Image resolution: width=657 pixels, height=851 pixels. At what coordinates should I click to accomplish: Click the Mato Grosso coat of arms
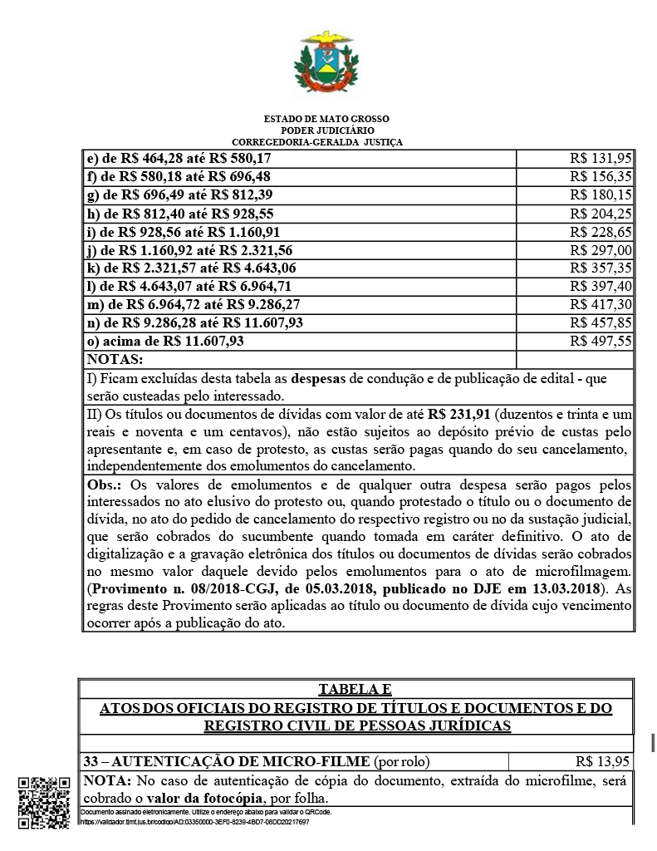point(327,63)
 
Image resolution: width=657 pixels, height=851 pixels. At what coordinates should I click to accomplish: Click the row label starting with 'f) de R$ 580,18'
point(178,176)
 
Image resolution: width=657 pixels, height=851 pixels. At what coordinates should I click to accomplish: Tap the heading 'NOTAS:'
point(115,360)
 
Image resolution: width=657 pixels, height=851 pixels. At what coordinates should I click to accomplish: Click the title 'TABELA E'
point(355,690)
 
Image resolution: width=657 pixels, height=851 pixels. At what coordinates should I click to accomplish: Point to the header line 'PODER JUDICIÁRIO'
point(327,130)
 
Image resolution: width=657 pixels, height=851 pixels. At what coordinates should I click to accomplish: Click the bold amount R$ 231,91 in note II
point(459,413)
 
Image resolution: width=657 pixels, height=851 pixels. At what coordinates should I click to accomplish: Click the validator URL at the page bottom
point(195,821)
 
